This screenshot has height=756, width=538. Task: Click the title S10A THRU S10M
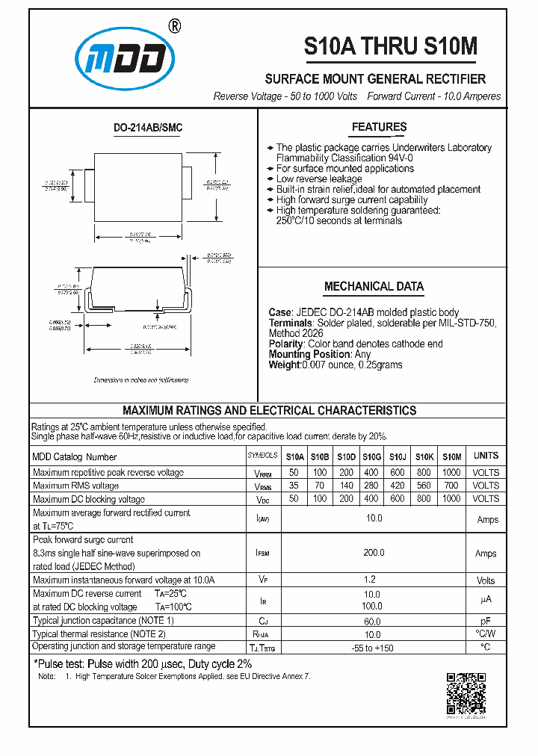(x=389, y=46)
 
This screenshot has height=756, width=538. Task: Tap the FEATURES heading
(x=379, y=127)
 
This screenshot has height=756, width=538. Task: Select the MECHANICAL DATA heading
(x=374, y=286)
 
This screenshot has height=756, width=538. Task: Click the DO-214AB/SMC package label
(x=148, y=128)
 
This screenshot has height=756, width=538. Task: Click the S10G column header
(x=371, y=456)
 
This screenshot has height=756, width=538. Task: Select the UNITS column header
(x=486, y=456)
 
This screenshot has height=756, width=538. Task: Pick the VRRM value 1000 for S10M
(x=451, y=473)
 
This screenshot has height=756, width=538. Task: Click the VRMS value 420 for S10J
(x=398, y=486)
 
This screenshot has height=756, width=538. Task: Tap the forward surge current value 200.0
(x=373, y=553)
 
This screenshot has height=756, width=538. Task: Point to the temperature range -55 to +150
(x=373, y=648)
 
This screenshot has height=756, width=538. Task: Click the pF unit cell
(x=486, y=622)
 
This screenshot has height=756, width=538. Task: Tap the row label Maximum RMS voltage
(x=75, y=486)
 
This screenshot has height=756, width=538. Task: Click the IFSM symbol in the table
(x=262, y=554)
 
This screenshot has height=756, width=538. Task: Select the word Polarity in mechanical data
(x=285, y=344)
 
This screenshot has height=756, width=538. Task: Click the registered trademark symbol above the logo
(x=175, y=26)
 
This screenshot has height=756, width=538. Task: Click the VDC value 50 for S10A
(x=294, y=498)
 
